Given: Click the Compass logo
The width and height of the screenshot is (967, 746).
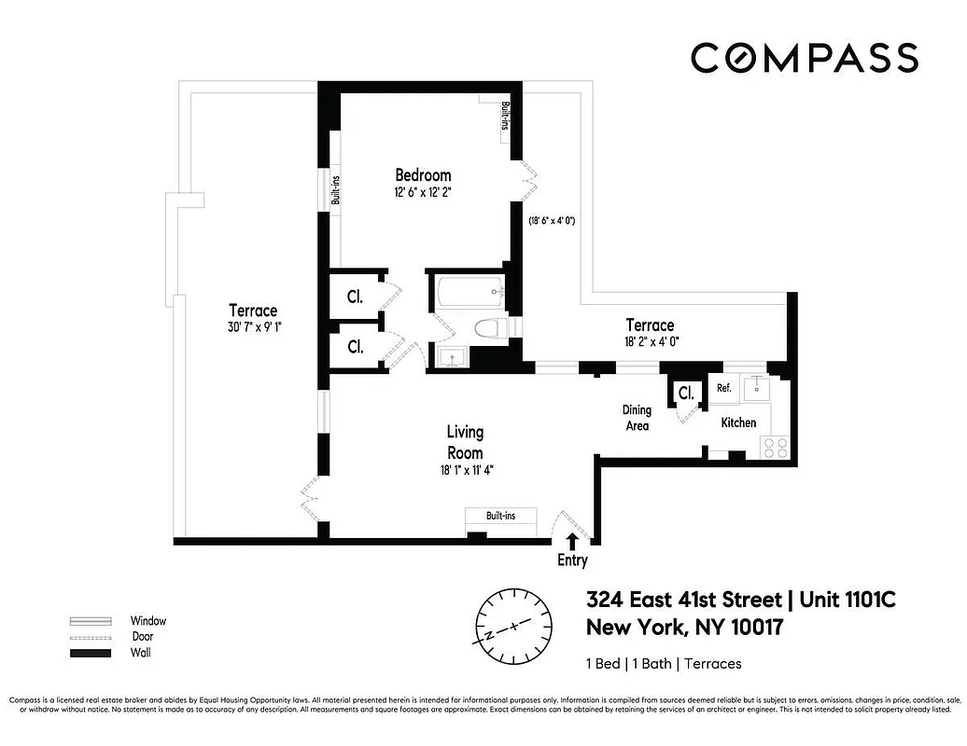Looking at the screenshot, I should [x=804, y=58].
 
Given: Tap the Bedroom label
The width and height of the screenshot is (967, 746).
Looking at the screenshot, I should [x=423, y=175].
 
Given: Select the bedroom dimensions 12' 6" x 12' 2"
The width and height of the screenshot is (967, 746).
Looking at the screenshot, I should [x=423, y=192].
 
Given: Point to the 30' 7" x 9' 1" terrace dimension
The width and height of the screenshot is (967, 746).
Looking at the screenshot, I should [x=253, y=327].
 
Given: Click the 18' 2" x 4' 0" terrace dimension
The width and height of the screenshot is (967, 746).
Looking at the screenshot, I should [x=650, y=341].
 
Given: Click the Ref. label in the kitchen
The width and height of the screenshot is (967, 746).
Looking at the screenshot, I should [x=723, y=388].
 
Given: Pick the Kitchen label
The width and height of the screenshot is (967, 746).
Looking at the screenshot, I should [x=738, y=422].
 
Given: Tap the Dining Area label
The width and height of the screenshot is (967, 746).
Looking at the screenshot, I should [x=637, y=418].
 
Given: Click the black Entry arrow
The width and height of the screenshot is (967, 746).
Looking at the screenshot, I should [x=572, y=540].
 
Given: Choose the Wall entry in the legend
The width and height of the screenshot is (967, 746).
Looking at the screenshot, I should [x=140, y=653].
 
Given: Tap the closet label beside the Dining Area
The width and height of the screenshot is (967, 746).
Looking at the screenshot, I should [x=686, y=393].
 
